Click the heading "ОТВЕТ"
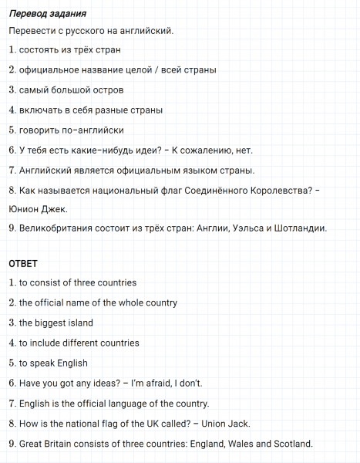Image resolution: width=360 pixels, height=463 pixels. (x=22, y=263)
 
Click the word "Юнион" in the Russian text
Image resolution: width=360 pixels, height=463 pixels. (x=22, y=208)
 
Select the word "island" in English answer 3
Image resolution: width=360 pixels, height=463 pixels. (x=78, y=323)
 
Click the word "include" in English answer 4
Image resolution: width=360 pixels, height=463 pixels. (x=46, y=343)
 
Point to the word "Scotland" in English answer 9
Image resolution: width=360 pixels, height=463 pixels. (x=291, y=444)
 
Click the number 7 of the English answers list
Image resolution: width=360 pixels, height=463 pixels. (x=12, y=404)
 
